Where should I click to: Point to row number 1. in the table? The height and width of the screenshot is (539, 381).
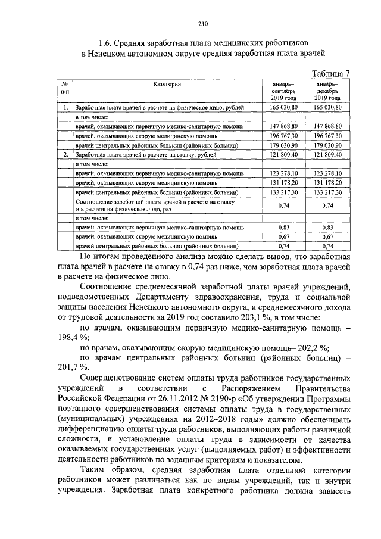coord(64,107)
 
